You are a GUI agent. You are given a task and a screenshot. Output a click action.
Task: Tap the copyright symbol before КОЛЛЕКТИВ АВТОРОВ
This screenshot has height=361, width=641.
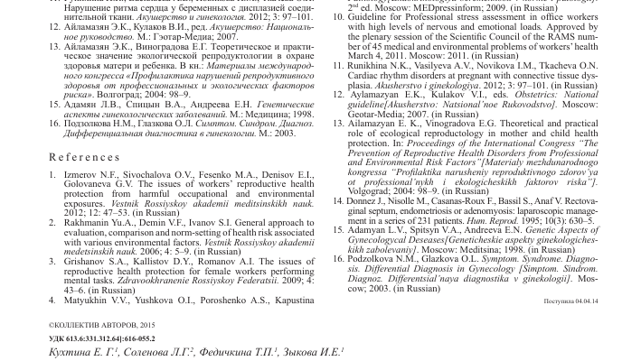pos(51,322)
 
